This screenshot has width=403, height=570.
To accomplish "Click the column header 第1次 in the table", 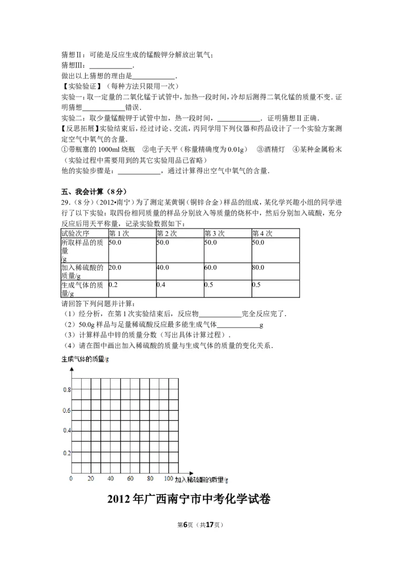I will point(118,233).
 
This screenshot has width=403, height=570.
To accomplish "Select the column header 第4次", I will point(262,233).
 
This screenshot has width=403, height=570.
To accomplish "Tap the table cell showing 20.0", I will point(115,267).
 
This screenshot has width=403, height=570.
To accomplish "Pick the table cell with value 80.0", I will point(258,267).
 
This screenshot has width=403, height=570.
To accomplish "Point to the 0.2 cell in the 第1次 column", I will point(113,284).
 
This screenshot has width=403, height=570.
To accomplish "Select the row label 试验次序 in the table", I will point(75,233).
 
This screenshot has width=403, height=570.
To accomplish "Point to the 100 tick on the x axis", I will point(169,478).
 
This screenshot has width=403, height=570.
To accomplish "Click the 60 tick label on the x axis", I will point(130,478).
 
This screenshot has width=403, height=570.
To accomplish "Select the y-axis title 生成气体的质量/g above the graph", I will point(85,359).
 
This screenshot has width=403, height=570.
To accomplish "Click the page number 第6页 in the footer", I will point(187,524).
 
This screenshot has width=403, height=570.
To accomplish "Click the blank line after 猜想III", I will point(111,65).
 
